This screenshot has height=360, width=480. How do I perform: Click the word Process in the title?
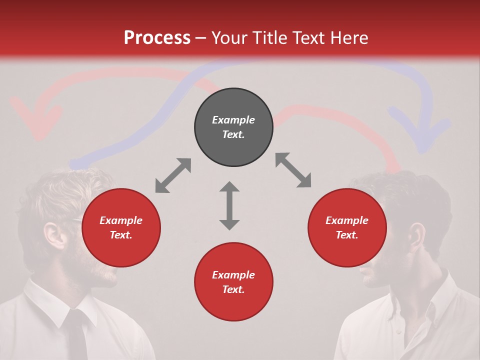(x=157, y=38)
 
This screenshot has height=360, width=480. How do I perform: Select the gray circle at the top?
(x=233, y=127)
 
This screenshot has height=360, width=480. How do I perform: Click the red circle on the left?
(x=121, y=227)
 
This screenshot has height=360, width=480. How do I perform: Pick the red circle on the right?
(x=347, y=227)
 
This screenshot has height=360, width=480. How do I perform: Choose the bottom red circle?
(x=233, y=282)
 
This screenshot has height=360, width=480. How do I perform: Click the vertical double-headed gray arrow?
(x=229, y=205)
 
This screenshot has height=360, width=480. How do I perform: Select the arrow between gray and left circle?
(x=173, y=175)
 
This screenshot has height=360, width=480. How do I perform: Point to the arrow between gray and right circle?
(x=293, y=170)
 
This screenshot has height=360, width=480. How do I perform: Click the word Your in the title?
(x=228, y=38)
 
